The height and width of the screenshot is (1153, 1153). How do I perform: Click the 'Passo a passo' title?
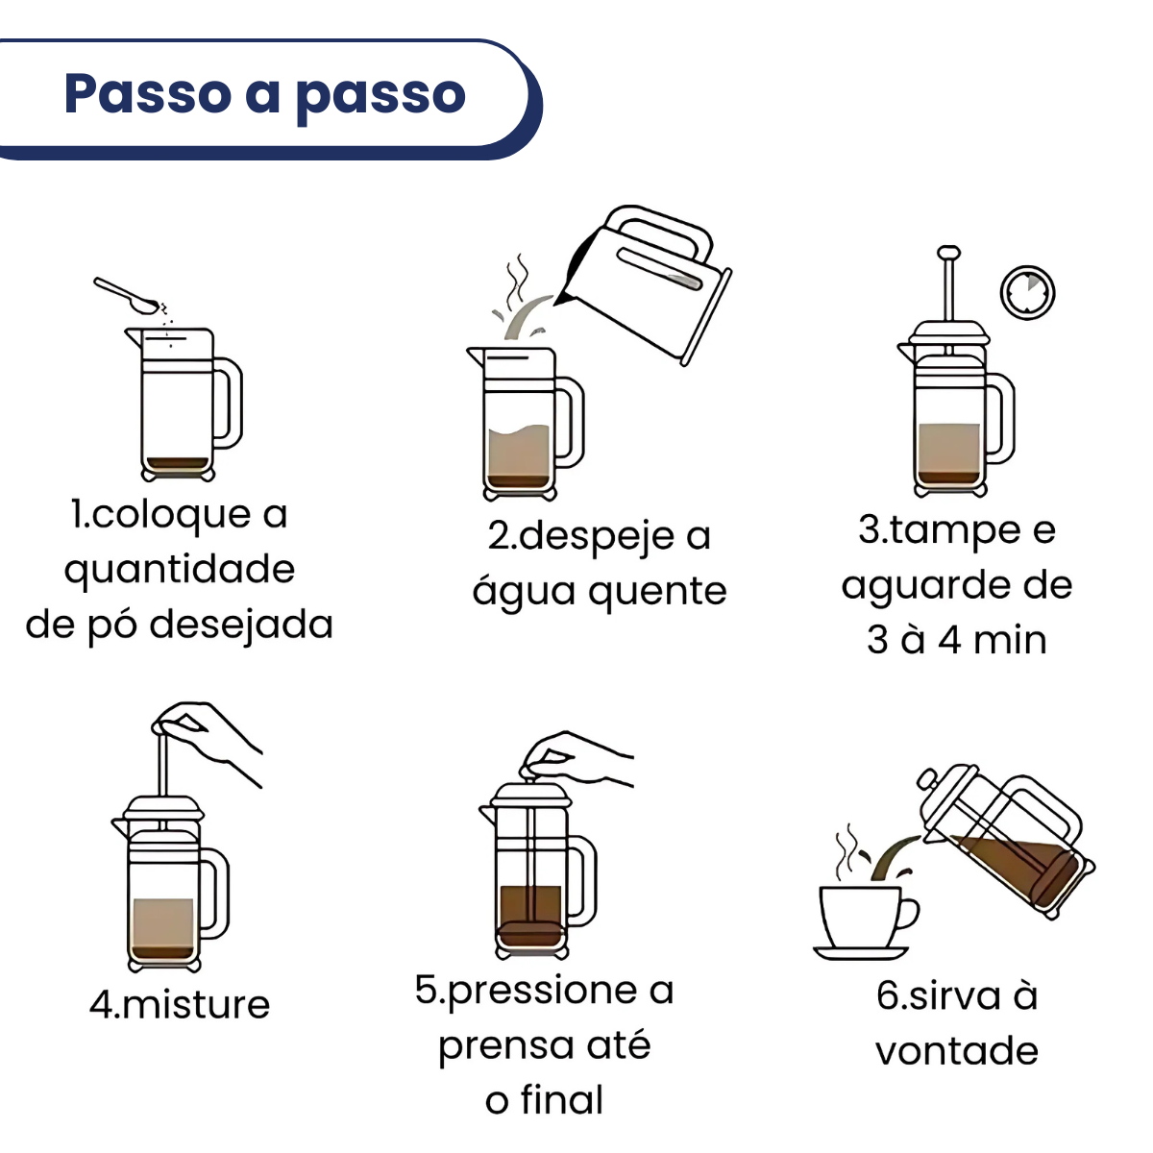265,94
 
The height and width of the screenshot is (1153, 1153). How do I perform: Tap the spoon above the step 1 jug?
126,296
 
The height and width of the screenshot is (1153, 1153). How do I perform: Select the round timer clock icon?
1027,293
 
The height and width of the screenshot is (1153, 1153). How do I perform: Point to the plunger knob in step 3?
949,253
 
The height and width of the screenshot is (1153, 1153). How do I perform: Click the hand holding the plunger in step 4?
207,742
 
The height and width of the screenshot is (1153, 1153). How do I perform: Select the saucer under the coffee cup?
861,952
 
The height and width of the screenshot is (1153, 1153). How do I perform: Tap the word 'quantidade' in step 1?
180,570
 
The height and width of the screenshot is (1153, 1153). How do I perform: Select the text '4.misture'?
180,1005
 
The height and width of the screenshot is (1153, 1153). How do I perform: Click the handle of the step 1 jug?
228,403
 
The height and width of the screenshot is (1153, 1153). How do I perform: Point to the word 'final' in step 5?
562,1100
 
